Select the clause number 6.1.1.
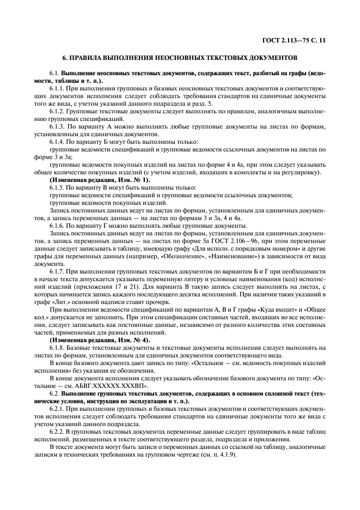point(57,88)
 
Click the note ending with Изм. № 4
point(99,340)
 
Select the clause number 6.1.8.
point(57,348)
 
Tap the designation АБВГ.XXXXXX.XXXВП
point(113,386)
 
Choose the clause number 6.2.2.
point(57,432)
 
